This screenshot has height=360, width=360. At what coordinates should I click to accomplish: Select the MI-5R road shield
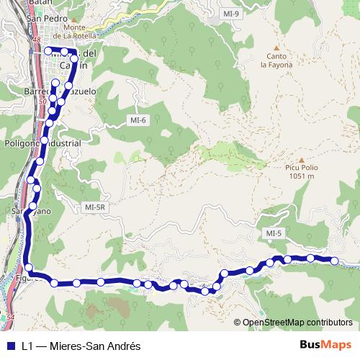pyautogui.click(x=94, y=207)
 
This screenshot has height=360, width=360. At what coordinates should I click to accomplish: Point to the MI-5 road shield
pyautogui.click(x=274, y=233)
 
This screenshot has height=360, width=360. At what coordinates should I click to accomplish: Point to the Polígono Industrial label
pyautogui.click(x=42, y=143)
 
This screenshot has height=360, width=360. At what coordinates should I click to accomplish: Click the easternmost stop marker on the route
pyautogui.click(x=334, y=260)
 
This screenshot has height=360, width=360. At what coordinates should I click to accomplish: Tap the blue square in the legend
pyautogui.click(x=10, y=346)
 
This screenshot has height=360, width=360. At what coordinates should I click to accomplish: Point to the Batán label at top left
pyautogui.click(x=14, y=4)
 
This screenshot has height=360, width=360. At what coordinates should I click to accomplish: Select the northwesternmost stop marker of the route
pyautogui.click(x=48, y=51)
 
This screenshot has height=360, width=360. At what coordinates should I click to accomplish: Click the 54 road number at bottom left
pyautogui.click(x=10, y=316)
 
